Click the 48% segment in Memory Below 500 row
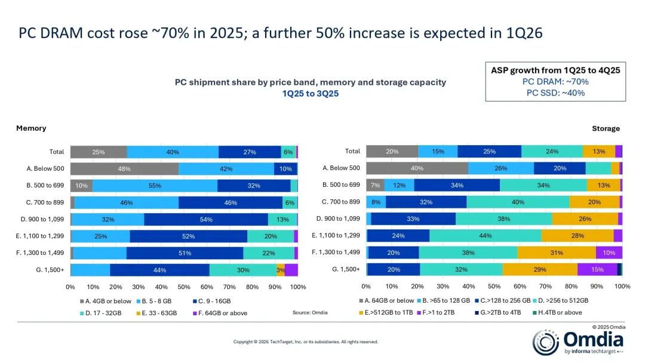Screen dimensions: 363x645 (x=124, y=169)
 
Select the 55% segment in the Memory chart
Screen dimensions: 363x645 (x=155, y=186)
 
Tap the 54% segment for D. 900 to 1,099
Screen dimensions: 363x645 (x=206, y=219)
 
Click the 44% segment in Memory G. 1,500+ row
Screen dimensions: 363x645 (x=159, y=270)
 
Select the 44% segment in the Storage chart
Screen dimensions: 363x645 (x=485, y=235)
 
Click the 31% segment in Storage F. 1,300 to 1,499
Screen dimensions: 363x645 (x=557, y=253)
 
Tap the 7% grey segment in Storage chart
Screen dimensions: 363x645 (x=374, y=185)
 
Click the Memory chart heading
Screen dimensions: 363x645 (x=31, y=128)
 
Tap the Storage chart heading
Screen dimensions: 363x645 (x=606, y=128)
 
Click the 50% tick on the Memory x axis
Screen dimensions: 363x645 (x=184, y=287)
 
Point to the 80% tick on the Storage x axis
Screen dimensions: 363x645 (x=571, y=287)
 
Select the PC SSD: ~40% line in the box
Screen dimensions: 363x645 (x=555, y=93)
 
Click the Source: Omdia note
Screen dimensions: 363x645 (x=310, y=312)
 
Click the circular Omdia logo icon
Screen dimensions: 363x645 (x=545, y=342)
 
